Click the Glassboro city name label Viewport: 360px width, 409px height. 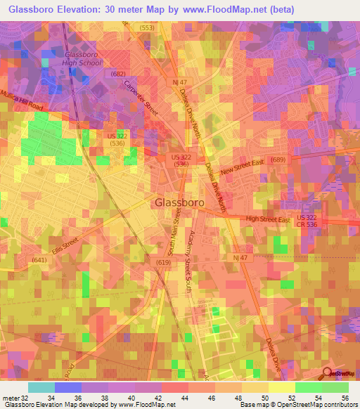179,202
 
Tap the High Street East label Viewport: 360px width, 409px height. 268,220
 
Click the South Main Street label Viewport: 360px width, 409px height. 170,238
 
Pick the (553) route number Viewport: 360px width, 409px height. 146,27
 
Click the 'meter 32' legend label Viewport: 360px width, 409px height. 15,398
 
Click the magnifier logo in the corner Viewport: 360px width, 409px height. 328,372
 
